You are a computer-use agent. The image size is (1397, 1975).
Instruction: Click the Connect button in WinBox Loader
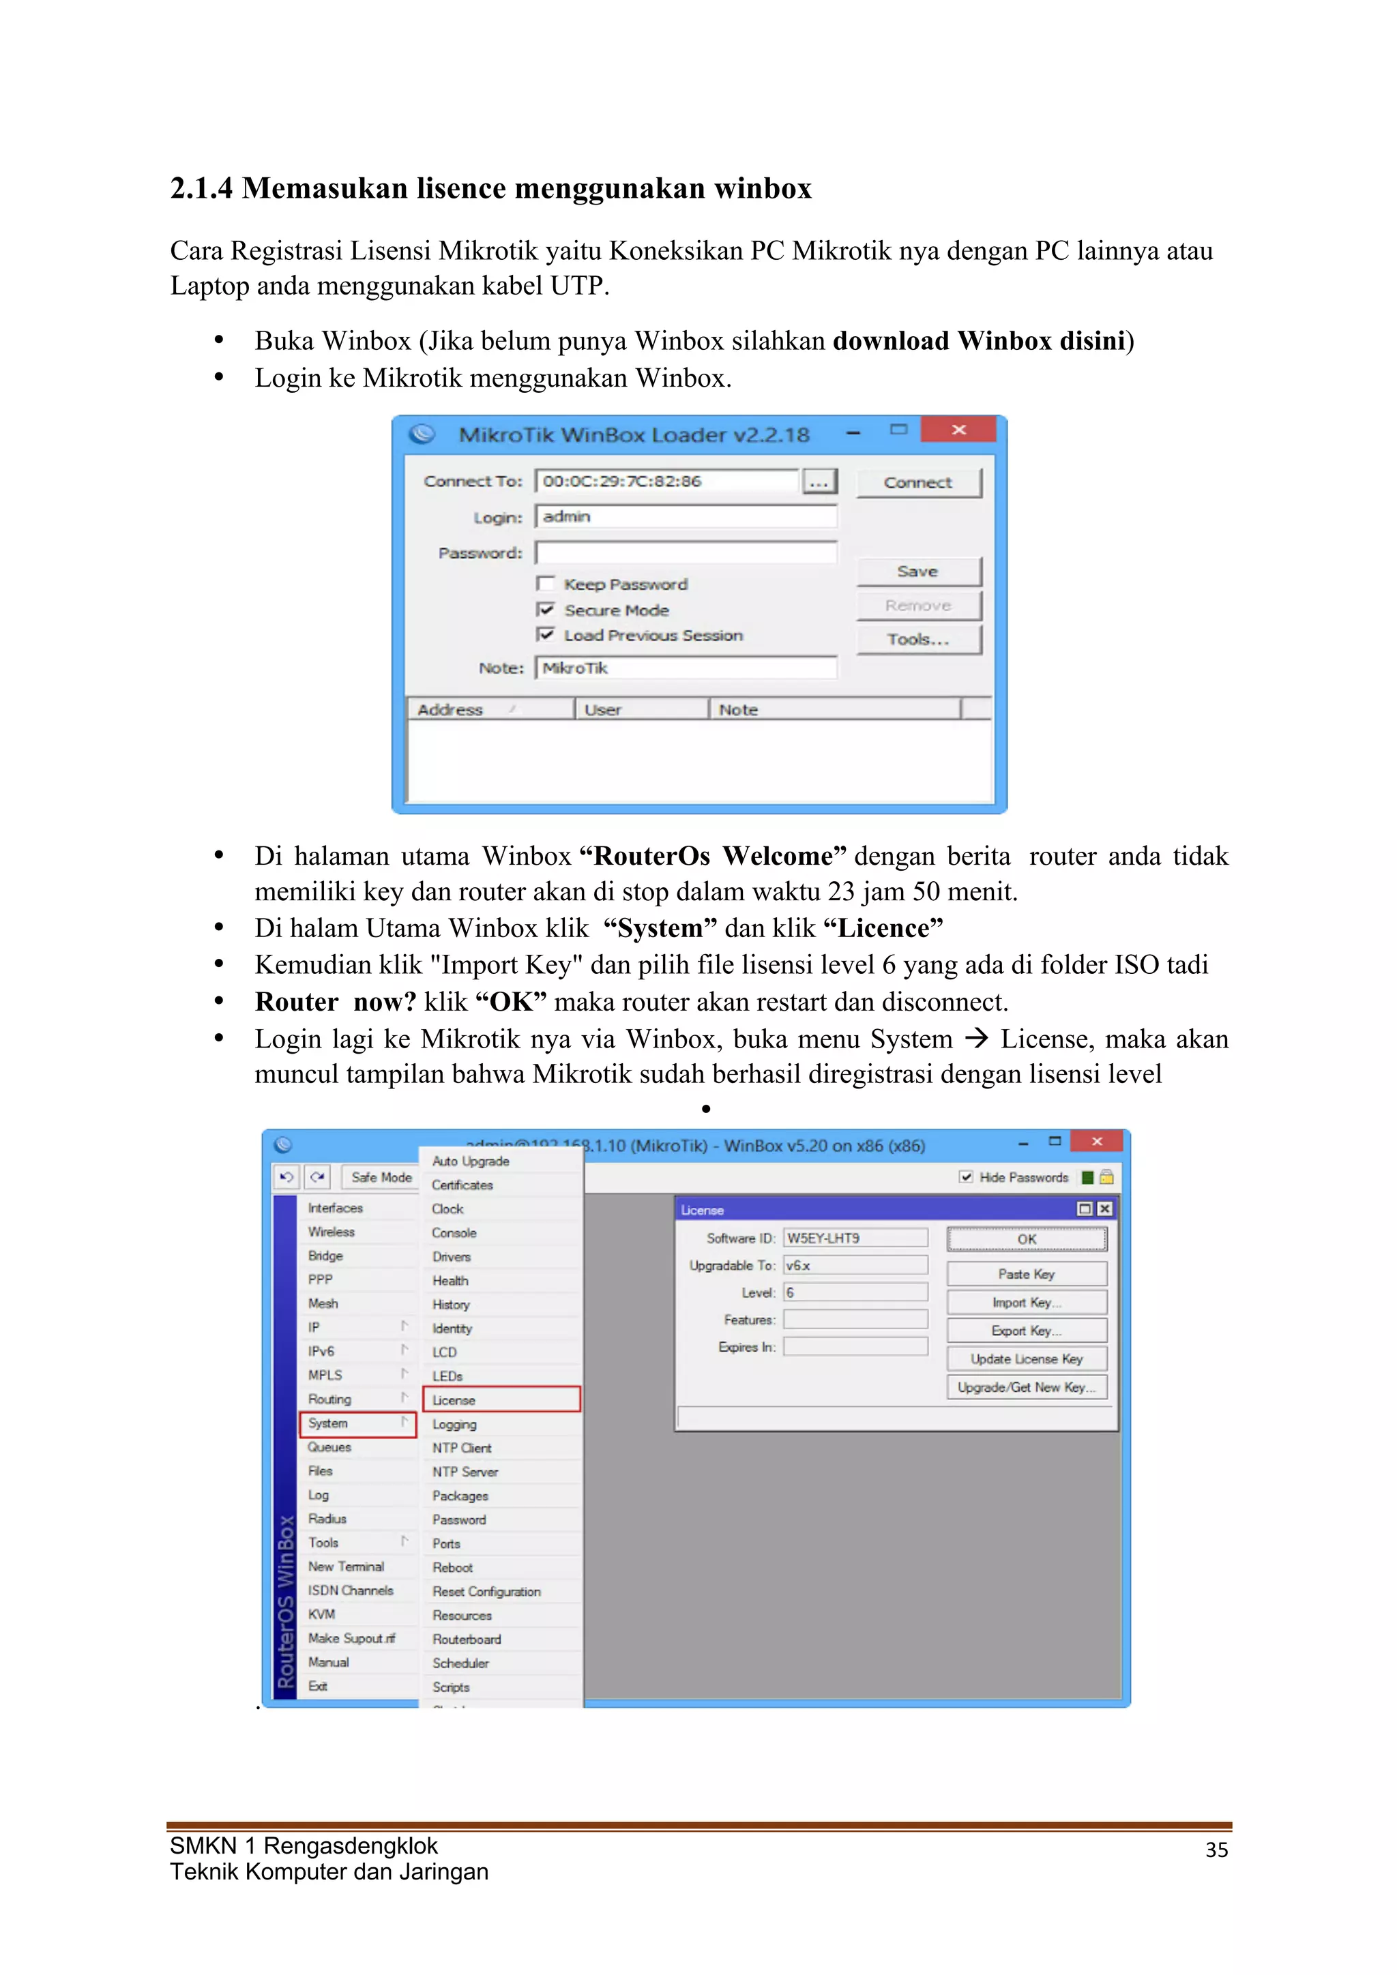pyautogui.click(x=918, y=483)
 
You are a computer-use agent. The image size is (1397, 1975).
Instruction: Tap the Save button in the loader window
pyautogui.click(x=918, y=572)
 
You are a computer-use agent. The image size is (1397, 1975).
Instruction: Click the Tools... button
pyautogui.click(x=918, y=640)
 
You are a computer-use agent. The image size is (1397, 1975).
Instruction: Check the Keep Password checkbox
pyautogui.click(x=546, y=584)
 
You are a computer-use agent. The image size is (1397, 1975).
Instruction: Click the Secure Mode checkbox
pyautogui.click(x=546, y=610)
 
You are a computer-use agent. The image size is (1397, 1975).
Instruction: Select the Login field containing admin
pyautogui.click(x=685, y=516)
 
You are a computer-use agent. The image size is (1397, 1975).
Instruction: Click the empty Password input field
pyautogui.click(x=685, y=552)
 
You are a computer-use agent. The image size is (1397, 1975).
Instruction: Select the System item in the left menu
pyautogui.click(x=357, y=1423)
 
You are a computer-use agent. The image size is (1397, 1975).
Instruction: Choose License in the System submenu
pyautogui.click(x=501, y=1399)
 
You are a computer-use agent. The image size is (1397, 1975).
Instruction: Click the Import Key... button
pyautogui.click(x=1026, y=1303)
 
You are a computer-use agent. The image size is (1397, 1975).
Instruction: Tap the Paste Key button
pyautogui.click(x=1026, y=1274)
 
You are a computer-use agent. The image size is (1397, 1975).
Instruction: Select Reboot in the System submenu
pyautogui.click(x=454, y=1567)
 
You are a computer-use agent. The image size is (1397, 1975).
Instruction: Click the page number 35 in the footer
pyautogui.click(x=1216, y=1850)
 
